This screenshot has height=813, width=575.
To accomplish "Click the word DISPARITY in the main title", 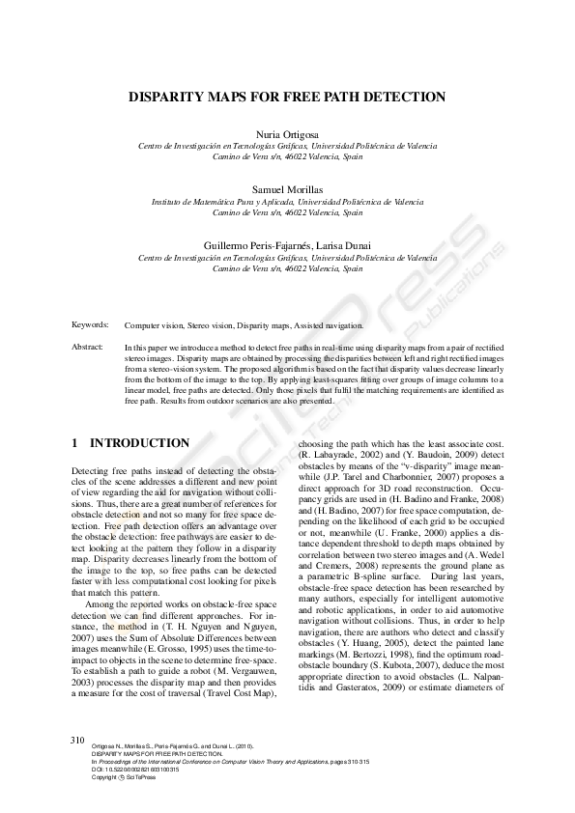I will (x=169, y=97).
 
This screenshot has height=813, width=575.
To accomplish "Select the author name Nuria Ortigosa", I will (x=287, y=134).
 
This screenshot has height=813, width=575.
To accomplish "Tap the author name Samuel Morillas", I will (x=287, y=189).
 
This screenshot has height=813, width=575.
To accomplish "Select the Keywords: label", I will (x=90, y=325).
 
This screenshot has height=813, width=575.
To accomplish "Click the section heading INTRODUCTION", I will (x=139, y=444).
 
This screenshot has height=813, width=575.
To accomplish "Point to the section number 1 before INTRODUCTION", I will (x=75, y=444).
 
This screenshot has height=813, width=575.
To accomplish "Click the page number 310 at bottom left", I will (x=78, y=739).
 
